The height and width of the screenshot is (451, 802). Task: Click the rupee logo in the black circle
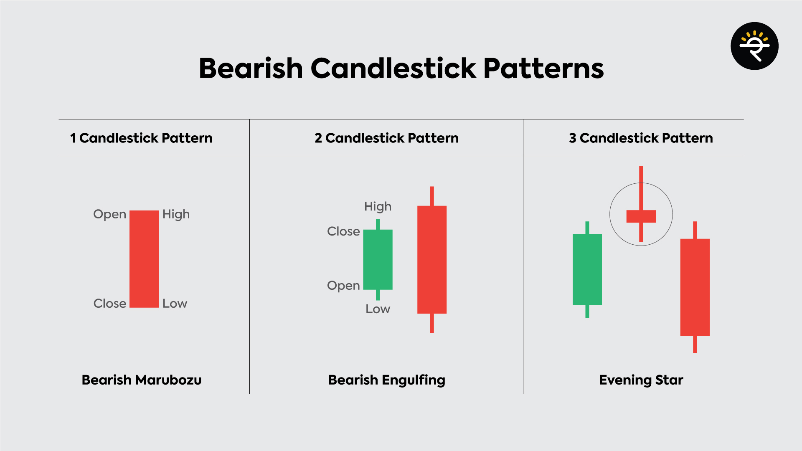pyautogui.click(x=754, y=46)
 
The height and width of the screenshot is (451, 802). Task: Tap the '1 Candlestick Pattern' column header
pyautogui.click(x=141, y=138)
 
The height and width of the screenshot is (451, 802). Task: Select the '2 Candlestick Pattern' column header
pyautogui.click(x=386, y=138)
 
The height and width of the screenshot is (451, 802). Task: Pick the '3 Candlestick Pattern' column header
pyautogui.click(x=641, y=138)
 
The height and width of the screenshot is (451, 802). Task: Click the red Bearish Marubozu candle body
pyautogui.click(x=144, y=259)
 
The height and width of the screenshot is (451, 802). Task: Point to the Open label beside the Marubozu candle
pyautogui.click(x=109, y=214)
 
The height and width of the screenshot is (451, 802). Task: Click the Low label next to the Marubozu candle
pyautogui.click(x=175, y=304)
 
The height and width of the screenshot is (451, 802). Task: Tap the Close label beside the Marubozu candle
pyautogui.click(x=109, y=304)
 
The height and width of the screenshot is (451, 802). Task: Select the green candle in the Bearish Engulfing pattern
pyautogui.click(x=378, y=259)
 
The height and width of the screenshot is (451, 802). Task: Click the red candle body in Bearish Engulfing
pyautogui.click(x=432, y=259)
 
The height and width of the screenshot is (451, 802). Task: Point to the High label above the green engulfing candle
pyautogui.click(x=378, y=206)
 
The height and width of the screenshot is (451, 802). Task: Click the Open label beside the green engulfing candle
pyautogui.click(x=343, y=286)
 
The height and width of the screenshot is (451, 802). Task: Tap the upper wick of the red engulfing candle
pyautogui.click(x=432, y=196)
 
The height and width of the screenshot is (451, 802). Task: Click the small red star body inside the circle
pyautogui.click(x=641, y=216)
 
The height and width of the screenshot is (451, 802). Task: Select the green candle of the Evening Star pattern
pyautogui.click(x=587, y=269)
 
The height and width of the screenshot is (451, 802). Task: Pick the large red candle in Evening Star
pyautogui.click(x=695, y=287)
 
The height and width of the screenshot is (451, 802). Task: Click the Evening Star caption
pyautogui.click(x=641, y=380)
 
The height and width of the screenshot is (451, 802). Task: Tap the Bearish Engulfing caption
pyautogui.click(x=386, y=380)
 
